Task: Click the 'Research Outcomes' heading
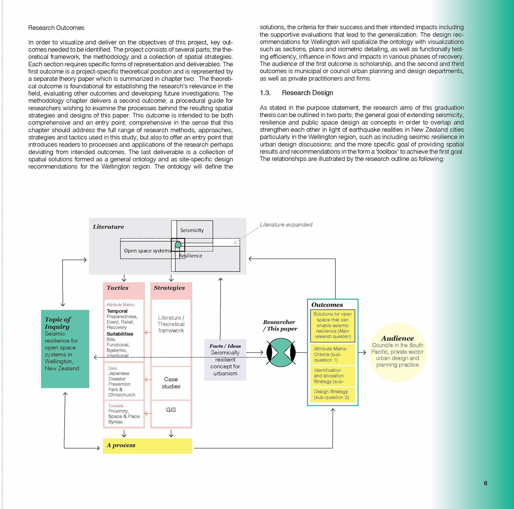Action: pos(56,28)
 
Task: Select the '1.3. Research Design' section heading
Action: pos(296,93)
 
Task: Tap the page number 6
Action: pos(485,483)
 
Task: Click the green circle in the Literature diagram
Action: pos(178,245)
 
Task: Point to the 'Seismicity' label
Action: pos(192,230)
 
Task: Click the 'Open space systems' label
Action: pos(147,251)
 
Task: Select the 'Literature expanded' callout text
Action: pos(286,225)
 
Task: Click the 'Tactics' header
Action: pos(118,288)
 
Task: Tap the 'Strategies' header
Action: pos(169,288)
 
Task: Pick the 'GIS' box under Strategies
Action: pos(171,410)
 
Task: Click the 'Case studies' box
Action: pos(171,383)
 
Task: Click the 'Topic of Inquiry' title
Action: pos(58,323)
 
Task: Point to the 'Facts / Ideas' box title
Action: pos(225,346)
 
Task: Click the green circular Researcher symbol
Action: pos(281,353)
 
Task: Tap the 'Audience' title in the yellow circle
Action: pos(397,338)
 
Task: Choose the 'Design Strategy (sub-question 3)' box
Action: pos(332,395)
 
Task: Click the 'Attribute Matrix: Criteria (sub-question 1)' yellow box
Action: pos(332,354)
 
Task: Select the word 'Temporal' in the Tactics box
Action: pos(117,311)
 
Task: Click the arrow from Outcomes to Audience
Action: pos(362,353)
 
